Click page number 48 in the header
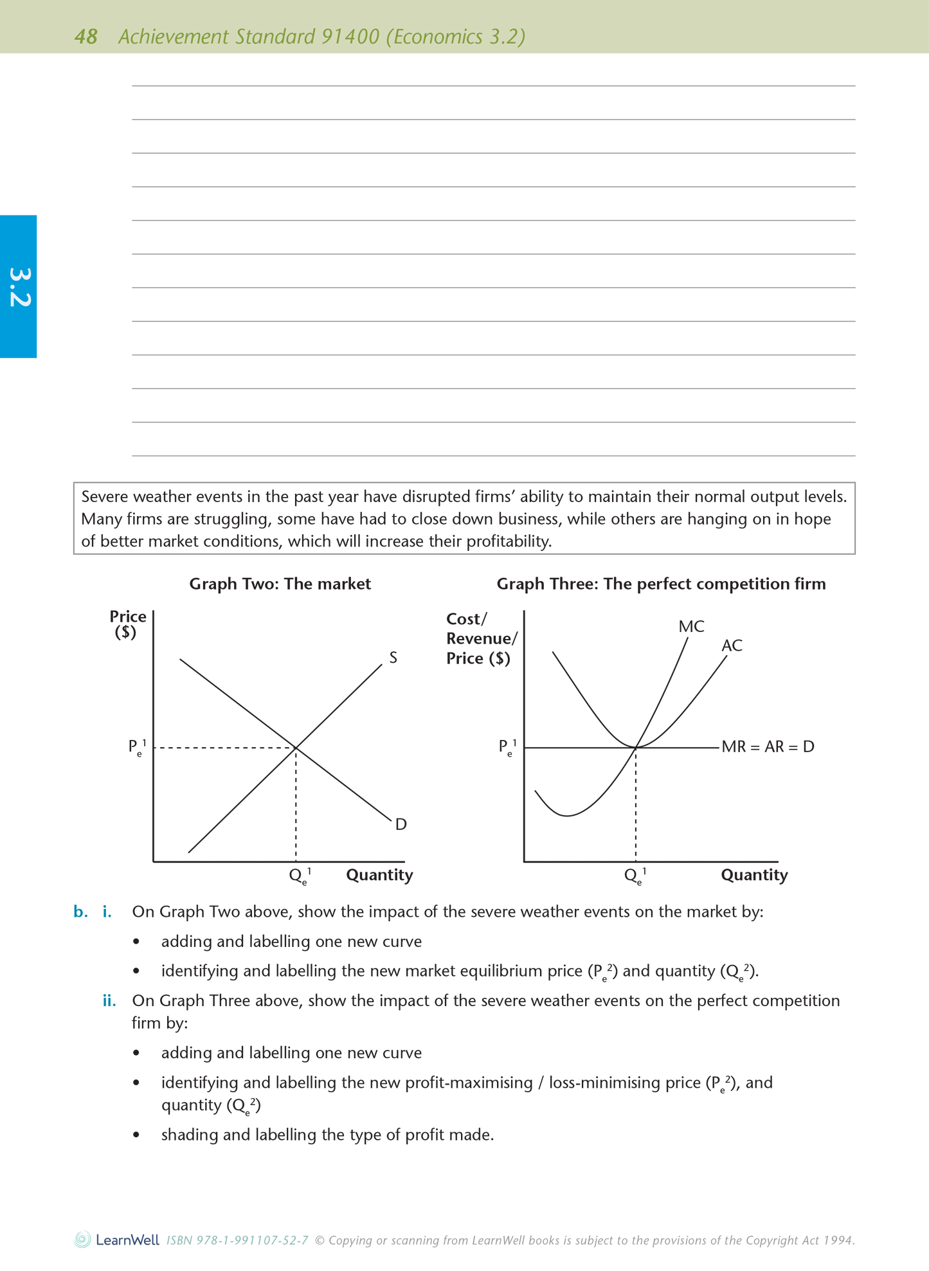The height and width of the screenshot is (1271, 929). (86, 37)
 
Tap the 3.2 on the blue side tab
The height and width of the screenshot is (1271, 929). (19, 287)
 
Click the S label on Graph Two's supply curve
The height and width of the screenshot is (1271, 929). (393, 658)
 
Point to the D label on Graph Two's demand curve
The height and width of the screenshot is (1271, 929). (401, 824)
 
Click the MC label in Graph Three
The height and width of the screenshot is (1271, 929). (691, 626)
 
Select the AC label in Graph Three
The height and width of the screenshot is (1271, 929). (732, 645)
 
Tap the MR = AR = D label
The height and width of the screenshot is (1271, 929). (768, 747)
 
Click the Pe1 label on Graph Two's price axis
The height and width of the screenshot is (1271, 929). (137, 747)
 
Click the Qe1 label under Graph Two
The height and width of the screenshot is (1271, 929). (300, 876)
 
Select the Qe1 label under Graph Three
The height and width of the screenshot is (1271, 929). (635, 876)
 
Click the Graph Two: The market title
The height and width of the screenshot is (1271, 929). (280, 584)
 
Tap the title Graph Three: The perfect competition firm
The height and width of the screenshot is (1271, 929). (661, 584)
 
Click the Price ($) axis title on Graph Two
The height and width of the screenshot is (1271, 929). (127, 624)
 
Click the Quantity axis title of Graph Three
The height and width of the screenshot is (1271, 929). (754, 875)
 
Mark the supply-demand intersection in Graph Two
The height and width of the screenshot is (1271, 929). (296, 748)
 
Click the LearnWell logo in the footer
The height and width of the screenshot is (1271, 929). (117, 1240)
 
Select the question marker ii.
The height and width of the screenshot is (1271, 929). (109, 1001)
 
